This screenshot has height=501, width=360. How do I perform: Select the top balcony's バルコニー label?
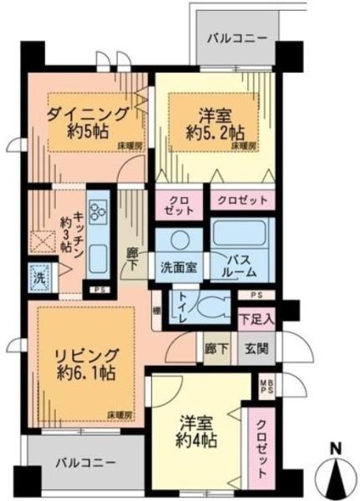[238, 38]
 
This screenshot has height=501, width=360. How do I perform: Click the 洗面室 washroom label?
[178, 269]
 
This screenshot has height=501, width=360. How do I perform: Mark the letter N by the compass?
[338, 448]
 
